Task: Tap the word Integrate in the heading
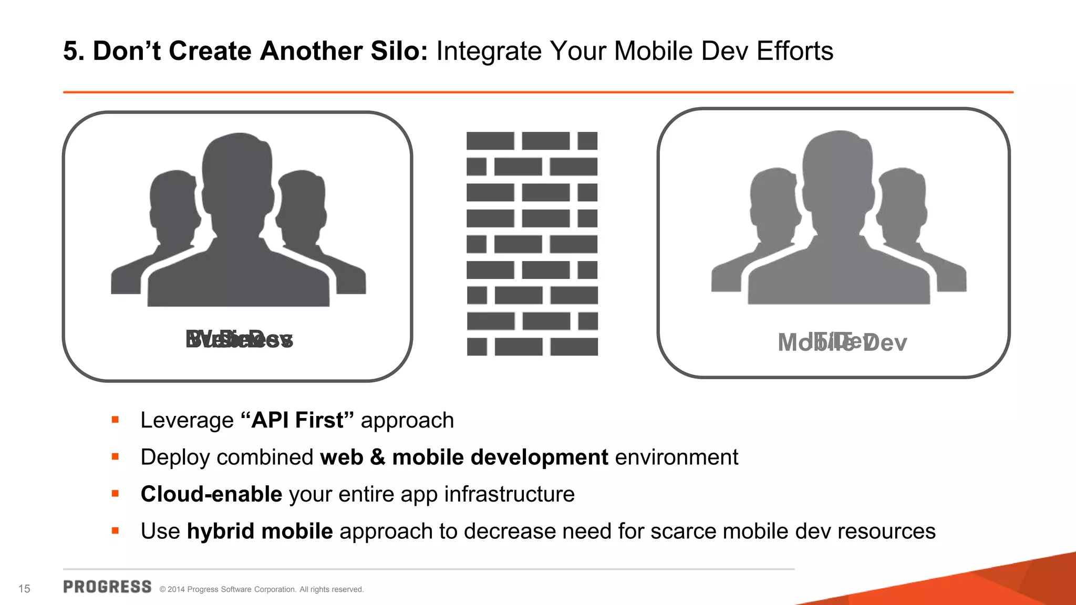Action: click(489, 51)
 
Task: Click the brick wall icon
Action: click(532, 244)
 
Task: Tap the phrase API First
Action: click(297, 420)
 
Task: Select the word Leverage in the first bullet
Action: click(187, 420)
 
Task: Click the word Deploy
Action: click(175, 457)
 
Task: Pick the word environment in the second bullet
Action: click(677, 457)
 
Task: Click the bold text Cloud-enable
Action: click(211, 494)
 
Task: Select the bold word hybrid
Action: click(221, 531)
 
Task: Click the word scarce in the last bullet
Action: click(683, 531)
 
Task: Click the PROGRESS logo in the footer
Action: click(107, 587)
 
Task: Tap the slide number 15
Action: click(24, 589)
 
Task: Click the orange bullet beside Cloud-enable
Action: click(116, 494)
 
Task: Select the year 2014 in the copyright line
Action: click(176, 589)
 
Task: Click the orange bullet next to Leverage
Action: click(116, 420)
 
